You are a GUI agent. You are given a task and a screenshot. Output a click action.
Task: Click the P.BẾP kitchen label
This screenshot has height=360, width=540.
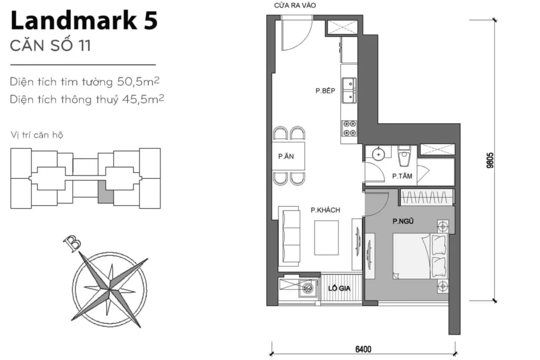tap(325, 91)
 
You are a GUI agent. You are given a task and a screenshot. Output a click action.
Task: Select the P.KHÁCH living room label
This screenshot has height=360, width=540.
tap(325, 210)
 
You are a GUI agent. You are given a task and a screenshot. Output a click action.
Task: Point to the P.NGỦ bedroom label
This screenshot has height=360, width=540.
tap(402, 221)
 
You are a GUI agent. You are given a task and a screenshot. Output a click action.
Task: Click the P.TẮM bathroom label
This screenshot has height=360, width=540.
tap(402, 177)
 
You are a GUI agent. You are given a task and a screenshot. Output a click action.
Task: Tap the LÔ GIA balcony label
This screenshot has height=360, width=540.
tap(340, 288)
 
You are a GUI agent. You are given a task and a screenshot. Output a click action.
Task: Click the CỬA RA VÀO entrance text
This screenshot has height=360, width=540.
tap(295, 6)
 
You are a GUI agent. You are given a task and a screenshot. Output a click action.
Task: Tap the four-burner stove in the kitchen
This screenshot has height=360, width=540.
tap(349, 127)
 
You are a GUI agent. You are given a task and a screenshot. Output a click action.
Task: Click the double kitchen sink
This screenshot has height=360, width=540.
tap(349, 91)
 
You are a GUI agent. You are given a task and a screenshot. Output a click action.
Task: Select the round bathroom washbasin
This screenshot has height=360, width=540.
tap(379, 154)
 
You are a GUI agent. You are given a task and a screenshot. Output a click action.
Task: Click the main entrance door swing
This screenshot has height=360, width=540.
tap(295, 33)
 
